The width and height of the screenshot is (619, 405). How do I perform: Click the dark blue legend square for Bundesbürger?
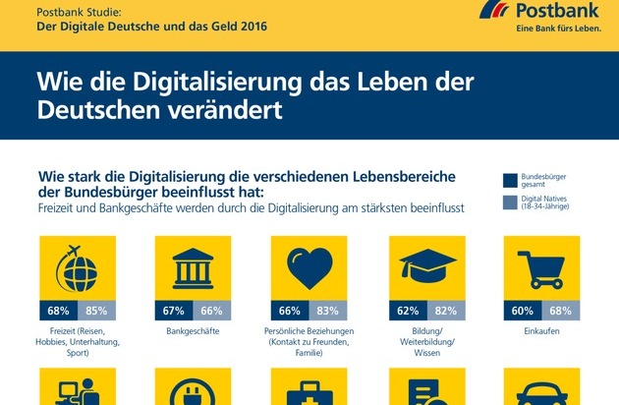pyautogui.click(x=510, y=180)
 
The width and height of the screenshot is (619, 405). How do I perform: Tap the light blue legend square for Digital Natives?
pyautogui.click(x=510, y=203)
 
